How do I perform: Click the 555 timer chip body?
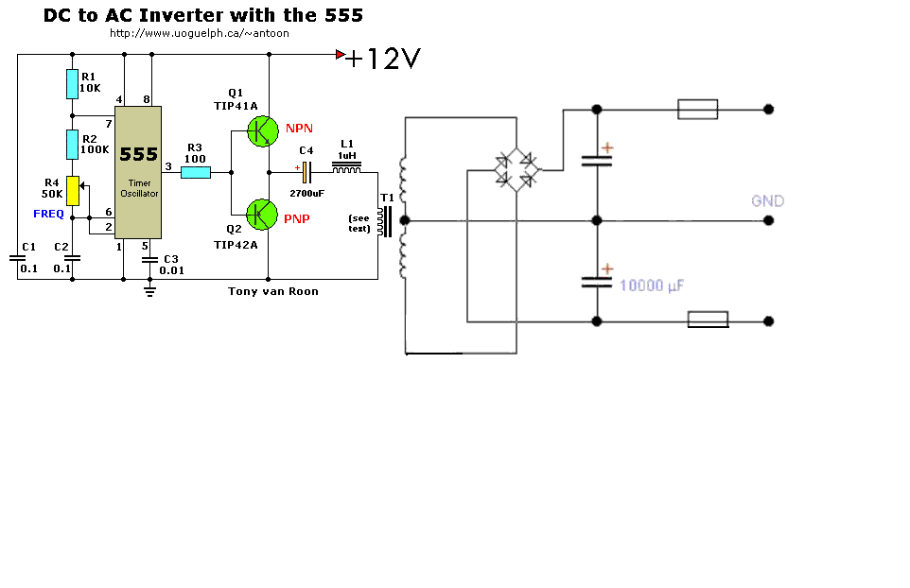pos(138,171)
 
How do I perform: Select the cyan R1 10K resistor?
pos(72,84)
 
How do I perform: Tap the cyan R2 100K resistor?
pos(72,145)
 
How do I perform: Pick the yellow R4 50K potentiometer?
pos(72,191)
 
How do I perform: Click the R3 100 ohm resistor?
pos(195,173)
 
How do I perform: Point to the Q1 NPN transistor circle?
pos(262,131)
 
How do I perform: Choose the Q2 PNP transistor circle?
pos(262,215)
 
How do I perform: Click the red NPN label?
pos(299,128)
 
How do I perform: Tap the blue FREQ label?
pos(48,214)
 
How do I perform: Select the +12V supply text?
pos(382,60)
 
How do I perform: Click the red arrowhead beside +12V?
pos(341,55)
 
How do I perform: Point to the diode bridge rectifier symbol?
pos(516,171)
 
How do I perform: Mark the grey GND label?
pos(767,201)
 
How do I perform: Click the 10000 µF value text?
pos(653,285)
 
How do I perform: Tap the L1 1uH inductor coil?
pos(347,169)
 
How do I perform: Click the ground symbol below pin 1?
pos(149,291)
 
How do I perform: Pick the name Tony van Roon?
pos(272,291)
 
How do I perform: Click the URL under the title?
pos(199,33)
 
